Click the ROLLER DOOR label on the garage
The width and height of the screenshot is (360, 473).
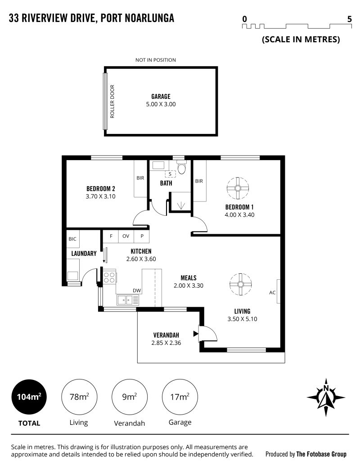[112, 101]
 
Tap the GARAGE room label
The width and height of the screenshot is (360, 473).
[161, 97]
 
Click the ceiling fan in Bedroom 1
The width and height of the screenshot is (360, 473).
[238, 188]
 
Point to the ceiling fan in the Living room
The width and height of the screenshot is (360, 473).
[240, 285]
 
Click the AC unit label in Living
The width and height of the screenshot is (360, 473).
[272, 292]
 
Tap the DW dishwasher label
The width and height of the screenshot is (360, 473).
[137, 290]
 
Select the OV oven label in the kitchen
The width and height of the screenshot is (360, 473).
[126, 236]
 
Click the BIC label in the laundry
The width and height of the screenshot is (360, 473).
[72, 239]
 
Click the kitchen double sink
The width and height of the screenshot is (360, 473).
[128, 300]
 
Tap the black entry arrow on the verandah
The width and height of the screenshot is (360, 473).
[196, 334]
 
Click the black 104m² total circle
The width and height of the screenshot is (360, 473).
[29, 397]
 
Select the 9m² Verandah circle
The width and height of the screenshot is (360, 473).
[130, 397]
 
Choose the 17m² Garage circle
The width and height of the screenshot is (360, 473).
[180, 397]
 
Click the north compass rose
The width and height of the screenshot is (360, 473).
[326, 397]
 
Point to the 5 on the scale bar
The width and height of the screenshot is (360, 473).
[350, 19]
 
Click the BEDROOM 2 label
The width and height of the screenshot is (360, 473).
[100, 189]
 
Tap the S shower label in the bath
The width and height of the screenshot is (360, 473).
[170, 174]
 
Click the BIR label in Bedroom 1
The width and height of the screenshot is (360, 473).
[199, 181]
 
